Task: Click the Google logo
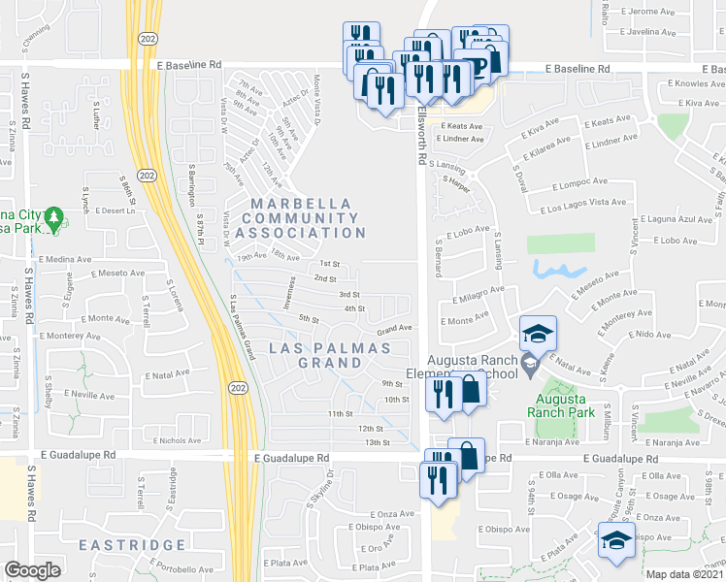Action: pyautogui.click(x=32, y=570)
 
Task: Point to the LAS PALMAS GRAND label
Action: pyautogui.click(x=330, y=355)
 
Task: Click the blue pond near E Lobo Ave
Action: pyautogui.click(x=562, y=269)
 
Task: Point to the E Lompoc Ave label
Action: pyautogui.click(x=579, y=180)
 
